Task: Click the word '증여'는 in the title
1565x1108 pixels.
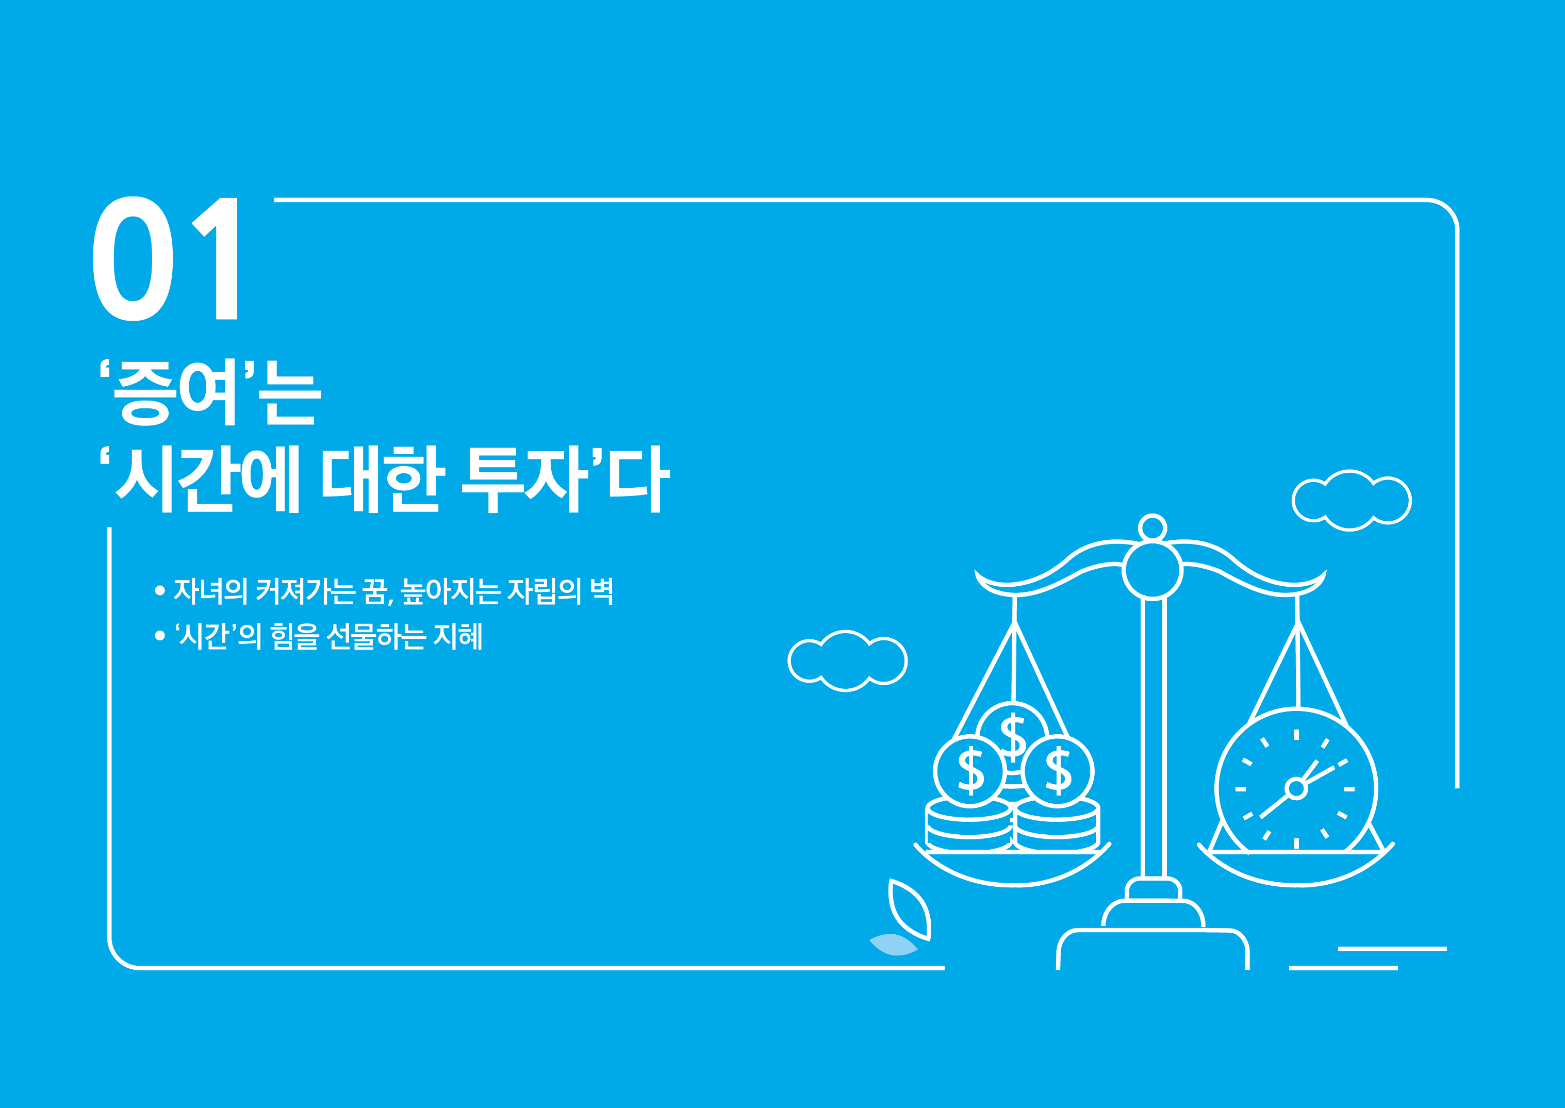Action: (x=210, y=392)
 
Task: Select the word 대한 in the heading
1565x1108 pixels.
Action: (x=383, y=479)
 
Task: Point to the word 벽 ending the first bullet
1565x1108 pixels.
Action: (x=602, y=591)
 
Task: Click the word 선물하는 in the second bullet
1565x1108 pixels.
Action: (x=376, y=636)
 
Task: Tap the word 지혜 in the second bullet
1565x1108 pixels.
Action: (x=458, y=636)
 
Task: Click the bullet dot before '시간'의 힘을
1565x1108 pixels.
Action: (x=160, y=636)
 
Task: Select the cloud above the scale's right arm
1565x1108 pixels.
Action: (x=1352, y=500)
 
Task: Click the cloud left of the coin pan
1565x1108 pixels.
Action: (x=847, y=660)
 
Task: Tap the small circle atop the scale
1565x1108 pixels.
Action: (x=1152, y=528)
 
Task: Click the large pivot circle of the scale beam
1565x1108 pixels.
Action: (x=1152, y=570)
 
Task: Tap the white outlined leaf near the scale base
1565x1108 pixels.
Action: (x=910, y=909)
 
